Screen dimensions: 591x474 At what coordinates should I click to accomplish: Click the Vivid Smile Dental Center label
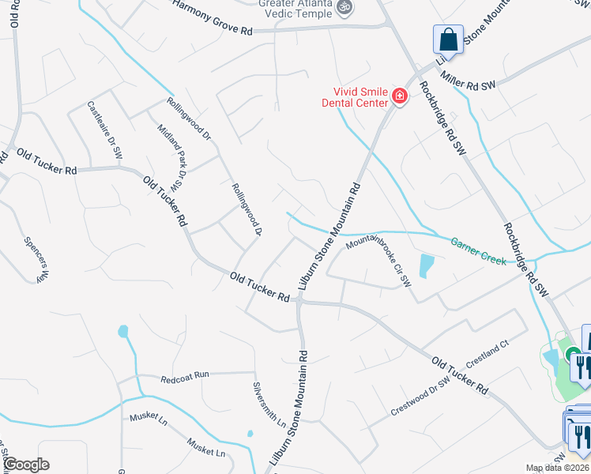(x=355, y=96)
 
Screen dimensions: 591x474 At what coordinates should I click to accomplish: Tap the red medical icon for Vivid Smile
(x=399, y=97)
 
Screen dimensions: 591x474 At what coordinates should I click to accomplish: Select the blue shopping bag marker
(x=447, y=39)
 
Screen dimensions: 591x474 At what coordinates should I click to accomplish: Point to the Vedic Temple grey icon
(x=344, y=7)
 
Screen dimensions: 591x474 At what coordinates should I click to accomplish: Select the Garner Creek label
(x=478, y=251)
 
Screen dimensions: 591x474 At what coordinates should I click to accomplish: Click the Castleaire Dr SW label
(x=105, y=130)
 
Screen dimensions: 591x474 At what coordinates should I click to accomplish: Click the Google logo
(x=25, y=465)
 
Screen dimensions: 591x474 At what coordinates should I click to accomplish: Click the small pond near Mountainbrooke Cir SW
(x=427, y=265)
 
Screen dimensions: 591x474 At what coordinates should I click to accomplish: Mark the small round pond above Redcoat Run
(x=123, y=332)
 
